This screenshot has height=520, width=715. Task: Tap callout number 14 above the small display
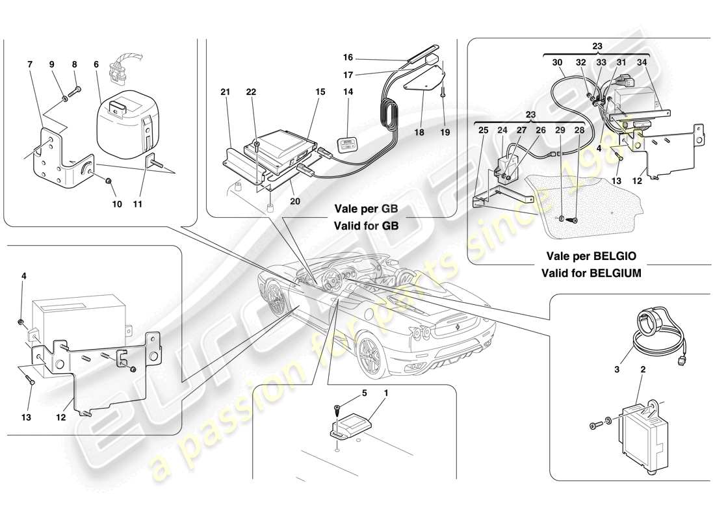(348, 92)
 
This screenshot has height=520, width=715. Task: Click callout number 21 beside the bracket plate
(226, 93)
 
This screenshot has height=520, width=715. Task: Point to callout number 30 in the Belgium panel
(557, 62)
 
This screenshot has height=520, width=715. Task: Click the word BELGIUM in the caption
(614, 274)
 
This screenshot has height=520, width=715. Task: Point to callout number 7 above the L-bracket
(30, 65)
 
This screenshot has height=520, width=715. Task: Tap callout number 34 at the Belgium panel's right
(642, 62)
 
